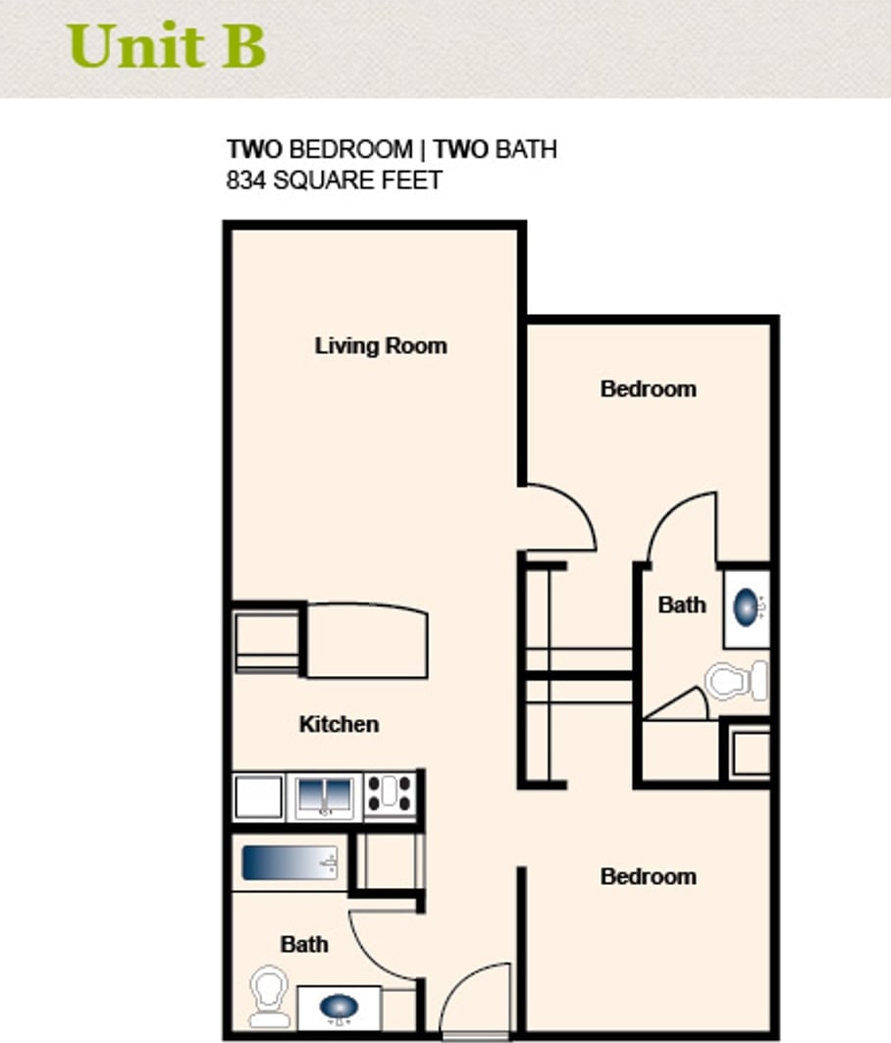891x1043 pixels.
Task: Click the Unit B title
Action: [x=167, y=45]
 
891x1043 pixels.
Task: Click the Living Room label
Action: [x=381, y=346]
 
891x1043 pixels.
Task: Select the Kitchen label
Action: [x=340, y=724]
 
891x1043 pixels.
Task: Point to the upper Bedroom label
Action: [x=648, y=389]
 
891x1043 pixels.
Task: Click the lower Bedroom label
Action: [x=648, y=876]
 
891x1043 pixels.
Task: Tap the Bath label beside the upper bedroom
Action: [x=682, y=604]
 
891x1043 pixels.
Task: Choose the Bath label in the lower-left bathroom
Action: [x=304, y=944]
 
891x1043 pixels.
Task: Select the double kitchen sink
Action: [x=325, y=796]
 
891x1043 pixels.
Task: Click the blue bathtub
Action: [x=289, y=862]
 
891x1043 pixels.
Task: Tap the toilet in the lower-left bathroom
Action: [x=269, y=997]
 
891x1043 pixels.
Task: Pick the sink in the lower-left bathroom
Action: [x=340, y=1007]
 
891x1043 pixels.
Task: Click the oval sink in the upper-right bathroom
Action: [x=747, y=607]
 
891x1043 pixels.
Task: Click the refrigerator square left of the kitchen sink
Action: [x=257, y=796]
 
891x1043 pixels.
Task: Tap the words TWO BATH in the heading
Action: [x=496, y=149]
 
